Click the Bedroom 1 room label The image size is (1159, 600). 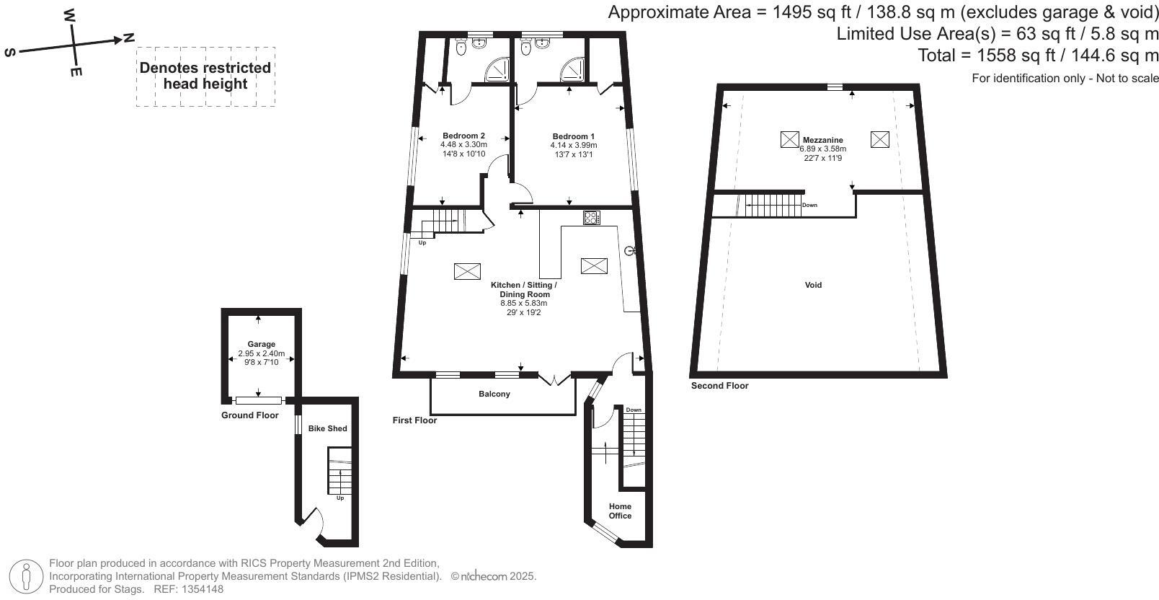[x=573, y=136]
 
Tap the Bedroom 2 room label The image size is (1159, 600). [x=463, y=136]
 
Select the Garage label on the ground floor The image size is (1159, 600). [x=261, y=344]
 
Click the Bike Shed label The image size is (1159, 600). [x=327, y=428]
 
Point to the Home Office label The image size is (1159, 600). [x=620, y=511]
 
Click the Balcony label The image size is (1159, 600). [x=494, y=394]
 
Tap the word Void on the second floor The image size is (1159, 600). [x=813, y=285]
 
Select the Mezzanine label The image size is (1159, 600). [x=822, y=140]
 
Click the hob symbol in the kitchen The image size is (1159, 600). [x=592, y=217]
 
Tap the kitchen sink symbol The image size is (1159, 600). [x=629, y=251]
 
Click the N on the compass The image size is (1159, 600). [x=128, y=37]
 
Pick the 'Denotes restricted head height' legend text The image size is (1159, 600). [x=205, y=76]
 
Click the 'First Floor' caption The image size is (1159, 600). [x=414, y=420]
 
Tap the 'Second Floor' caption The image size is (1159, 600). [x=719, y=386]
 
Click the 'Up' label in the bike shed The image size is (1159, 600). [x=340, y=498]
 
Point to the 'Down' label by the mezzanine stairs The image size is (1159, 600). [x=809, y=205]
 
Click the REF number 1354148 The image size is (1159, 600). [x=205, y=589]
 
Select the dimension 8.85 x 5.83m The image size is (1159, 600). [x=523, y=304]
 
